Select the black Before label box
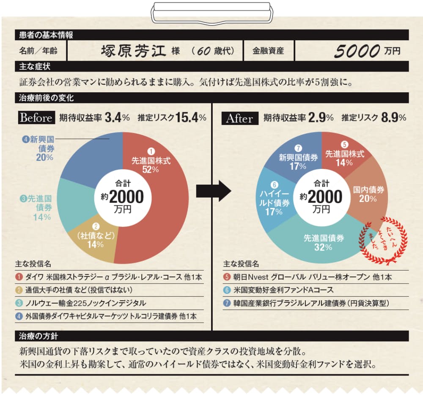36,118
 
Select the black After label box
240,118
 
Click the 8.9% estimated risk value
393,118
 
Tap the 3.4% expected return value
117,118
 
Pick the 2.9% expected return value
321,118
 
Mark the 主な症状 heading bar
211,66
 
